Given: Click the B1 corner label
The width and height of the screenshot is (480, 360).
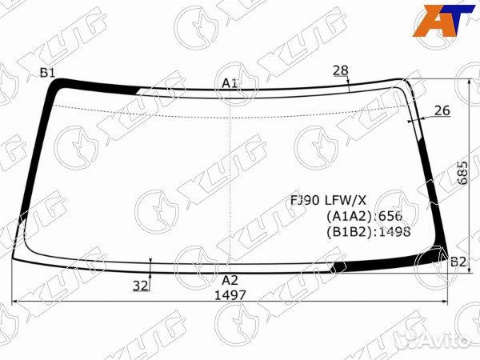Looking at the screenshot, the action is (x=48, y=73).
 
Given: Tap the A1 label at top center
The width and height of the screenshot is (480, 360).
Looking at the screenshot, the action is (x=230, y=83).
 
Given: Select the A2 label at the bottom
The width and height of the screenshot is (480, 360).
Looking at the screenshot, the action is (x=230, y=281).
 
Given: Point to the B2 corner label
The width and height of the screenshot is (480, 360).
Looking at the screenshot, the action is (x=458, y=262).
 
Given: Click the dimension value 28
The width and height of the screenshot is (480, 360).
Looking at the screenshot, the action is (x=341, y=70).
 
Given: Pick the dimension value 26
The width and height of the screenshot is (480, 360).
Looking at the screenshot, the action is (x=442, y=110).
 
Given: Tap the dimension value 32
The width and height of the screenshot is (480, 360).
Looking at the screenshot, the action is (x=140, y=286).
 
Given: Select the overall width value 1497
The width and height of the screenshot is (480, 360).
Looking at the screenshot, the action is (x=230, y=295).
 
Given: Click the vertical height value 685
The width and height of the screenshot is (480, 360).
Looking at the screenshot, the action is (x=463, y=172).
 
